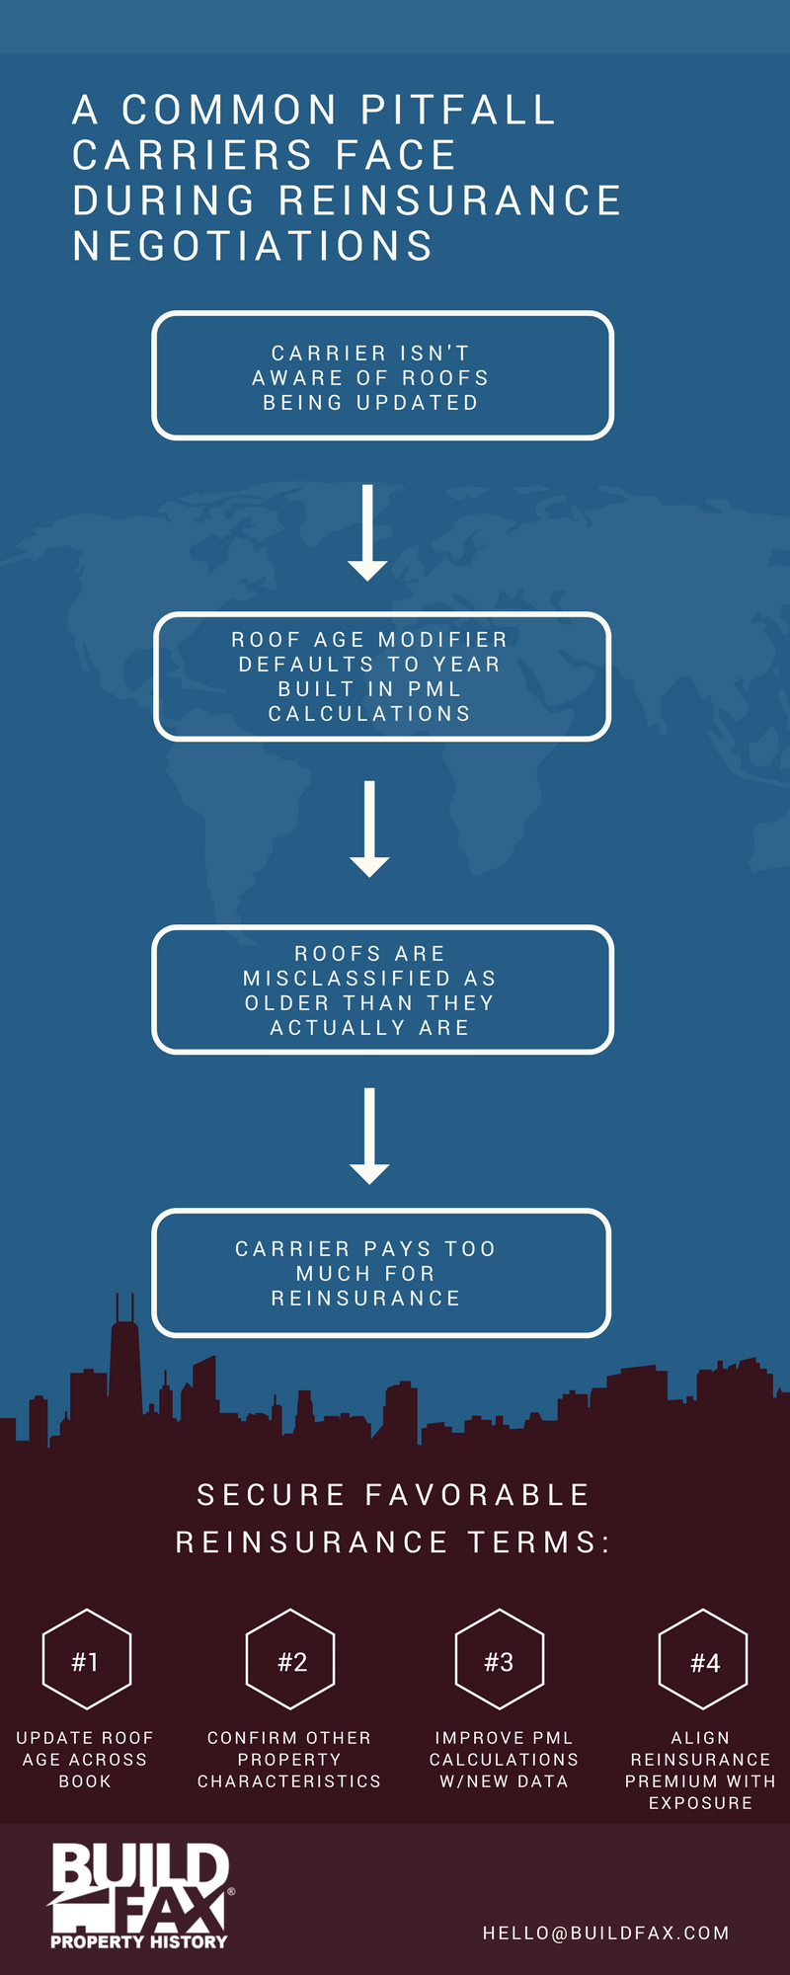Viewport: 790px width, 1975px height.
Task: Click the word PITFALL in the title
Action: click(458, 110)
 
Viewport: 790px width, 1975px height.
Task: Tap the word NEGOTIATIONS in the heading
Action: click(253, 246)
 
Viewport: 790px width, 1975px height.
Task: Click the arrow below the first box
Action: click(367, 532)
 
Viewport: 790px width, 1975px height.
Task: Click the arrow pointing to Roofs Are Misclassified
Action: click(369, 829)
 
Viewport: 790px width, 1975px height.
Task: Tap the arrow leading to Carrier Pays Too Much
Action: click(369, 1136)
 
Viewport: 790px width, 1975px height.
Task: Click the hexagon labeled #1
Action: click(87, 1612)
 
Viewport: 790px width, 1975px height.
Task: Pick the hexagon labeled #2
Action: click(290, 1612)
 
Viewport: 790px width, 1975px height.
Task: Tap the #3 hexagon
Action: click(500, 1612)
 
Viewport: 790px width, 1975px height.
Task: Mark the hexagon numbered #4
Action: click(703, 1612)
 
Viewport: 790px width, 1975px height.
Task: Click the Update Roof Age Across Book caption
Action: click(85, 1759)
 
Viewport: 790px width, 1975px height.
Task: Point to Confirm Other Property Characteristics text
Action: click(289, 1759)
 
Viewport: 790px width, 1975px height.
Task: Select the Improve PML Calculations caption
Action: click(504, 1759)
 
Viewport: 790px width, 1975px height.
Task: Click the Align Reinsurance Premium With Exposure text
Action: click(700, 1770)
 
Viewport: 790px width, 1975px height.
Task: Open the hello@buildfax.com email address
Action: click(606, 1933)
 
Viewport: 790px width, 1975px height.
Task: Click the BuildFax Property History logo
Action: click(141, 1896)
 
